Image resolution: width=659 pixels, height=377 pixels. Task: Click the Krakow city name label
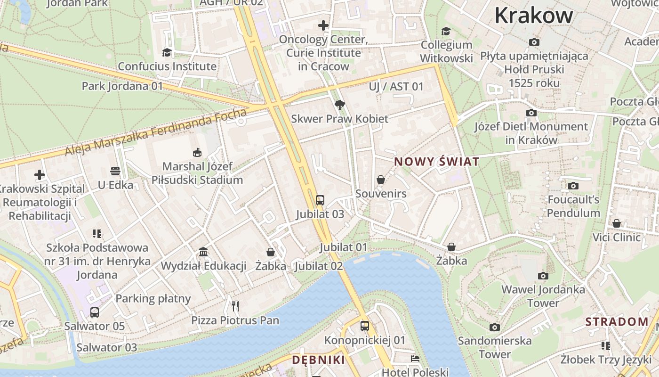[533, 15]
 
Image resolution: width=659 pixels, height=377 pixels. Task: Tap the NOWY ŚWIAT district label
[436, 162]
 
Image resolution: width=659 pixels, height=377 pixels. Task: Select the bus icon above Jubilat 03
[320, 200]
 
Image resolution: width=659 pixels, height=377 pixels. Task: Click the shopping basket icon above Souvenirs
[381, 180]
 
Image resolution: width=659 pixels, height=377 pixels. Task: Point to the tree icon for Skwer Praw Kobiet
[339, 105]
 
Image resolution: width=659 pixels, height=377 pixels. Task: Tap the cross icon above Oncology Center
[323, 25]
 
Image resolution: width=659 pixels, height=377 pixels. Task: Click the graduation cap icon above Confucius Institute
[167, 52]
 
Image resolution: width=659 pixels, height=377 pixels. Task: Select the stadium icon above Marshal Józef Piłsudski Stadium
[197, 152]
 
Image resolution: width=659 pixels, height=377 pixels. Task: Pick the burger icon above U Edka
[115, 171]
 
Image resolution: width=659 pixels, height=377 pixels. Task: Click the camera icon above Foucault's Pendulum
[573, 186]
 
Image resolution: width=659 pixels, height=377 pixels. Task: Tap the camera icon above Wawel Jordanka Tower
[543, 276]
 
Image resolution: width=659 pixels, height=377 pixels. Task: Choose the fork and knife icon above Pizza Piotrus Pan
[235, 306]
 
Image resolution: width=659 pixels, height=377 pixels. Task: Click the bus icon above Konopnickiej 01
[364, 326]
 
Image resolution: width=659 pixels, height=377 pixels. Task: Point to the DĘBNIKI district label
[318, 360]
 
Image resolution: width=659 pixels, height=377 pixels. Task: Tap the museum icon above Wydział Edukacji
[203, 252]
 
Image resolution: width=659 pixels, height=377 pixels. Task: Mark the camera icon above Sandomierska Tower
[494, 327]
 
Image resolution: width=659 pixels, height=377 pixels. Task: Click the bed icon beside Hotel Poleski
[415, 359]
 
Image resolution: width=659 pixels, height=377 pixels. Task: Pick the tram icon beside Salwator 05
[95, 312]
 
